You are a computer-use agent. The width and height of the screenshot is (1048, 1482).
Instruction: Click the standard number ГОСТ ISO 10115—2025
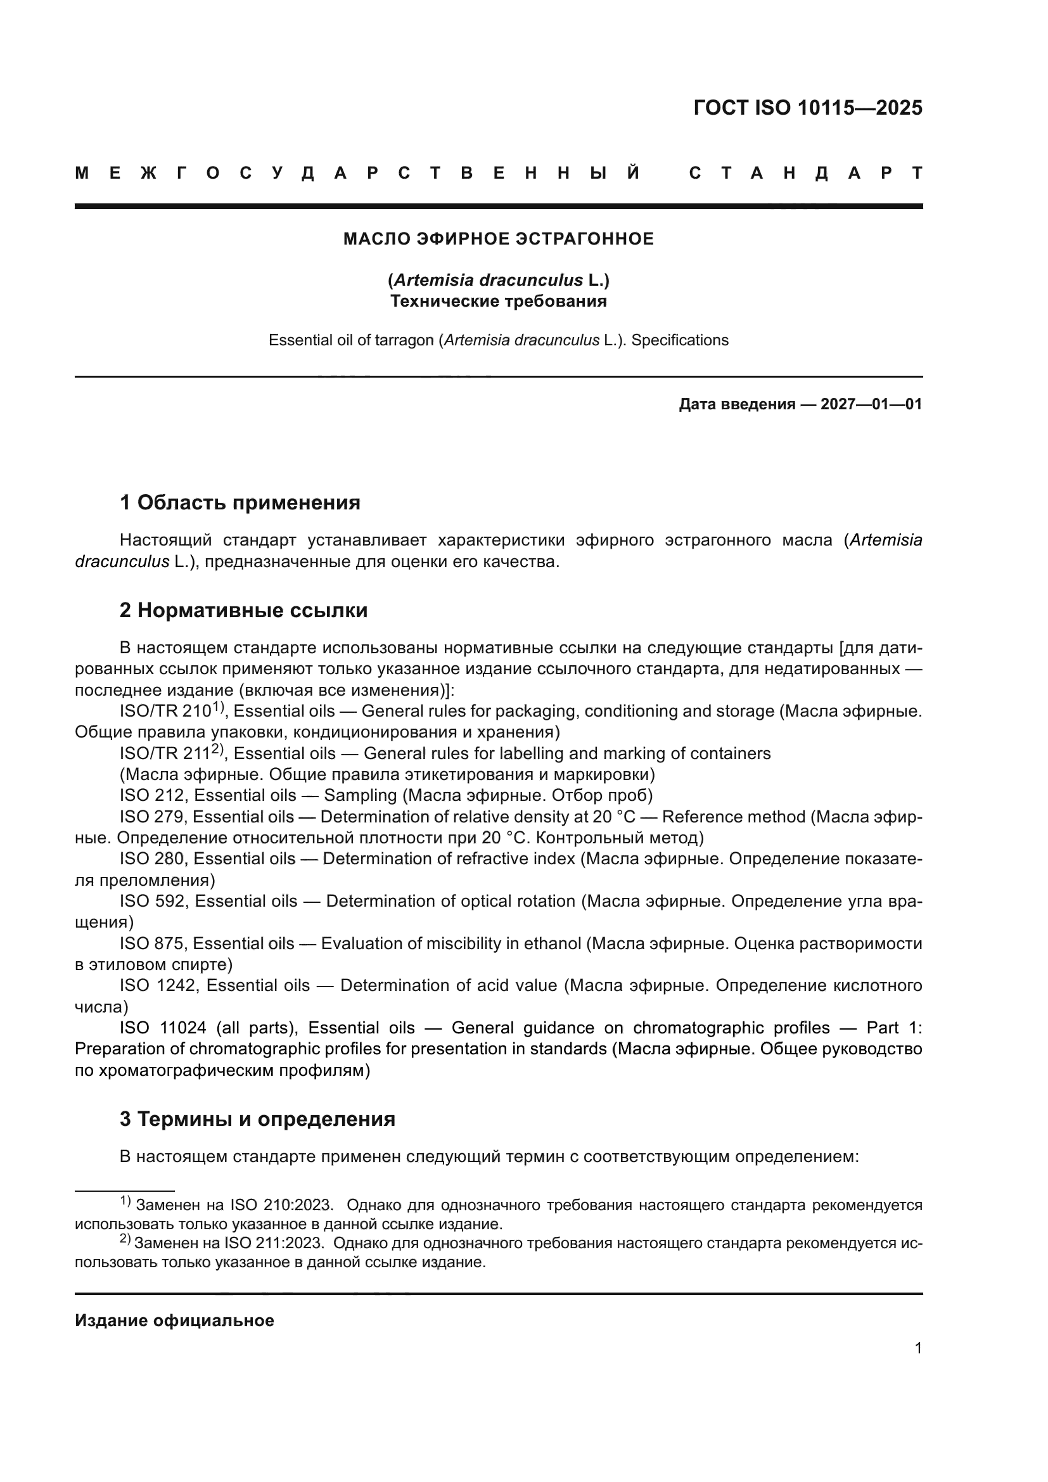tap(807, 108)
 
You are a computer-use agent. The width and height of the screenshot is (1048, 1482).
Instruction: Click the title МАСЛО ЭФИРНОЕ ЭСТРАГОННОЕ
tap(498, 240)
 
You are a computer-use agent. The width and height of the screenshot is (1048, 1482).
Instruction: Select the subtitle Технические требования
tap(498, 302)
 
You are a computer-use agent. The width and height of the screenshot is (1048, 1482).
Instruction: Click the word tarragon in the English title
tap(409, 340)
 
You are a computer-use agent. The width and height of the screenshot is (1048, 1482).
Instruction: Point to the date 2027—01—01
tap(871, 405)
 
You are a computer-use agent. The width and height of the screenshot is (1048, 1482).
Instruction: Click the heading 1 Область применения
tap(240, 502)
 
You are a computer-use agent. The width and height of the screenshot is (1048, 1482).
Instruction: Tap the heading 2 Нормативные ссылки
tap(243, 610)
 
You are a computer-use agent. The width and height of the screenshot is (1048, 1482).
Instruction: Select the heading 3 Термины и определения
tap(257, 1118)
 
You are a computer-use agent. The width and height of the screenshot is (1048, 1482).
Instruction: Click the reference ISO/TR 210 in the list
tap(165, 712)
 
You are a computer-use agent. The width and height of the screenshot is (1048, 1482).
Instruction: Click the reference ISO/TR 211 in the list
tap(165, 754)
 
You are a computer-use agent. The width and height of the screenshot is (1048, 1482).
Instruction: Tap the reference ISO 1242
tap(158, 986)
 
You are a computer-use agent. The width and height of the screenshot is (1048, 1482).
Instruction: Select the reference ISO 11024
tap(163, 1028)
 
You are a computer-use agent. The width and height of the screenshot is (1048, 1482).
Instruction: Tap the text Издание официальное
tap(174, 1320)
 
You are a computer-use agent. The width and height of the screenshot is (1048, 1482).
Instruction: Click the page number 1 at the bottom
tap(917, 1348)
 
